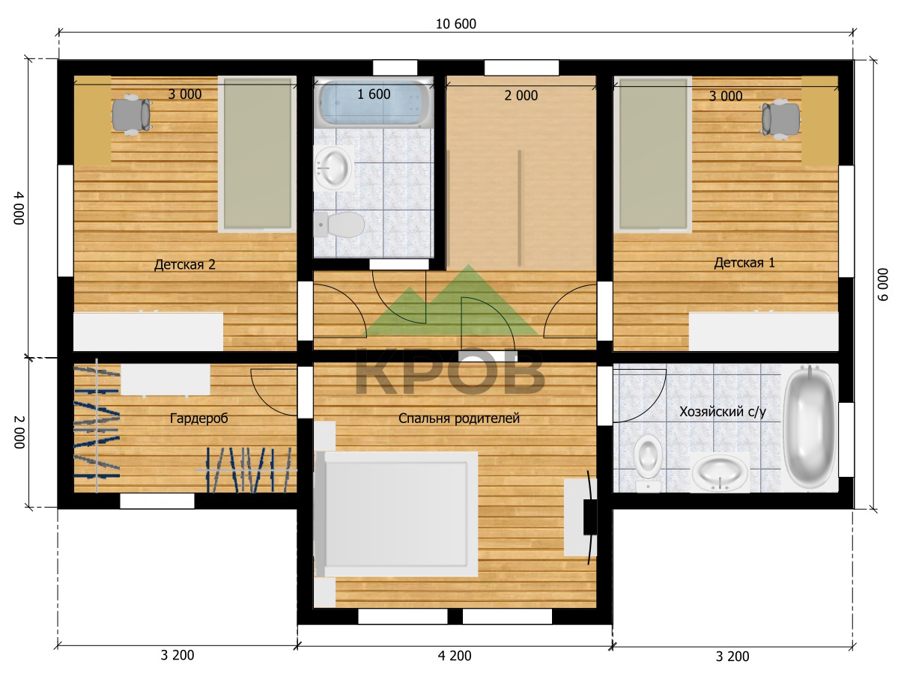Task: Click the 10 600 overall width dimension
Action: (455, 24)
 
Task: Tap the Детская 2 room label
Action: (185, 264)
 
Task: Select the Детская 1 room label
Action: (744, 263)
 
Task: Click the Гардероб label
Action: (198, 418)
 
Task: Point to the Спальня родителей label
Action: (459, 418)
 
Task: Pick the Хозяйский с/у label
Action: (723, 412)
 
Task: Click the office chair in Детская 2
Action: (131, 115)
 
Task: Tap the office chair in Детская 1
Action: (780, 118)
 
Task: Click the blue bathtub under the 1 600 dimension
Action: (374, 103)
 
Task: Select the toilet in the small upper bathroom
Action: (339, 225)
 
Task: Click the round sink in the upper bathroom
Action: (333, 168)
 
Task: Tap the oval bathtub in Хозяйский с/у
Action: (810, 427)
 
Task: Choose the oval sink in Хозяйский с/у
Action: (720, 472)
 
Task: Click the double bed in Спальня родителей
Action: (395, 514)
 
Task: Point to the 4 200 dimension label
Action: (455, 656)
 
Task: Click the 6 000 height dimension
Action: (882, 284)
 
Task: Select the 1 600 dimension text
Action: (374, 94)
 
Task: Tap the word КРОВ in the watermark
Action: (450, 371)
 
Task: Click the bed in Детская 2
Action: (258, 154)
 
